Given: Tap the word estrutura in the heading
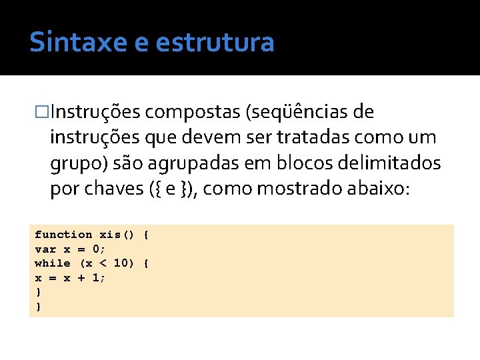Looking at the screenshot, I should (214, 42).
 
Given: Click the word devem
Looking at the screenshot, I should (215, 137).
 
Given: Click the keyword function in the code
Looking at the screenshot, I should (63, 235).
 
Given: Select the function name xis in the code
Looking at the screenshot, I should (110, 235).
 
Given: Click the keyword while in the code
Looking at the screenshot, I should (52, 263).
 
